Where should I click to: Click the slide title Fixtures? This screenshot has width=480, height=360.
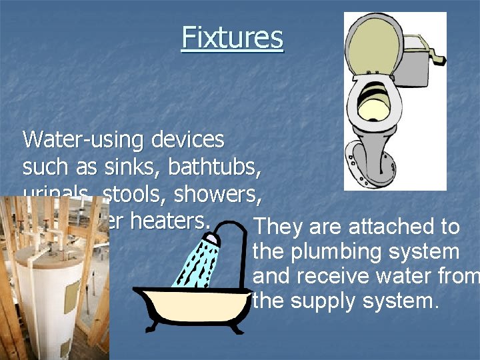(x=232, y=38)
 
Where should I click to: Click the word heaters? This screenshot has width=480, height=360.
(x=174, y=221)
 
